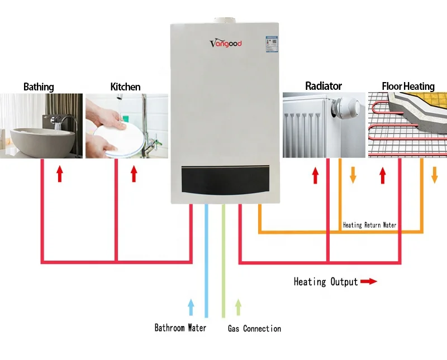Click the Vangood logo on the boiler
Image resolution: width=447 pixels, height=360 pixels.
225,43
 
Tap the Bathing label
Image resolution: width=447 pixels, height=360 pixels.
39,87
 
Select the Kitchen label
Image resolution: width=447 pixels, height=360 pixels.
125,87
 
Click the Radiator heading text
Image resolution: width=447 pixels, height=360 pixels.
323,86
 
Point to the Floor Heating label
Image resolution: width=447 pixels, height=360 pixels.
408,86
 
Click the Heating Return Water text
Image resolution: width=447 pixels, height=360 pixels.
369,225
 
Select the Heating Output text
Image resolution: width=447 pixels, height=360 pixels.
325,282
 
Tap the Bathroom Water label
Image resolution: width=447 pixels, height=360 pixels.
180,328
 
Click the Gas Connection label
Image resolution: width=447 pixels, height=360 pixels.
254,329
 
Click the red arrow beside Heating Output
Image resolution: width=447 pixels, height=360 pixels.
368,282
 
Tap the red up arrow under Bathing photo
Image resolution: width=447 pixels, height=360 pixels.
60,174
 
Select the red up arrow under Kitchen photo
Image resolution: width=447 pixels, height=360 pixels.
134,174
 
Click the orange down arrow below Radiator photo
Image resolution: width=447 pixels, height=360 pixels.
353,175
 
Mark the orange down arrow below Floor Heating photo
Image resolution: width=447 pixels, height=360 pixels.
435,175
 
